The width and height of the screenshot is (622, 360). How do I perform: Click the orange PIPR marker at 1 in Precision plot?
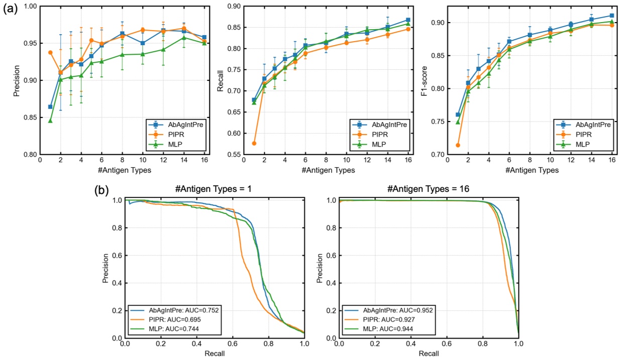pos(50,52)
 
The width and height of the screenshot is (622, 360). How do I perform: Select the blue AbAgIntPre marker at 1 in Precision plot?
pos(50,106)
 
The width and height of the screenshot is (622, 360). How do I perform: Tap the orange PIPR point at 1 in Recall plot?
pos(254,143)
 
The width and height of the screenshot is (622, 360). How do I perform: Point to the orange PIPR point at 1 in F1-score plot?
pos(457,145)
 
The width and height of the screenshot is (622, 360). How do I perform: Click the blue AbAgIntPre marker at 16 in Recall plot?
pos(408,20)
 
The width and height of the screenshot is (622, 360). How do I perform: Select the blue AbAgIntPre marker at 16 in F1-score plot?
pos(611,16)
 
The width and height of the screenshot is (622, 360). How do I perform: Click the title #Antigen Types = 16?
pos(429,190)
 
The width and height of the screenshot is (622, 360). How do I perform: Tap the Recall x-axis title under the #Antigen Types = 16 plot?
pos(429,353)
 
